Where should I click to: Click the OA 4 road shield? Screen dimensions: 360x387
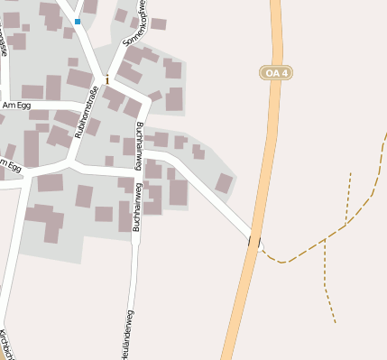click(x=276, y=72)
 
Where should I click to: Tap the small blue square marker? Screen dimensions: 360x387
click(x=78, y=21)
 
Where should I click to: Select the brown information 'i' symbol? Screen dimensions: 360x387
click(x=107, y=79)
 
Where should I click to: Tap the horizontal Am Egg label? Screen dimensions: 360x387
click(x=16, y=106)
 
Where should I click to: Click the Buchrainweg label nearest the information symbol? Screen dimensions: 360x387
click(x=142, y=141)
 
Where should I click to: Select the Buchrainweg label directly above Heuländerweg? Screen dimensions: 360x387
click(x=137, y=208)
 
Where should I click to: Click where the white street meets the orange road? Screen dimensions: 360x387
click(x=254, y=241)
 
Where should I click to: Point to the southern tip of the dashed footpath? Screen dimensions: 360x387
click(x=335, y=322)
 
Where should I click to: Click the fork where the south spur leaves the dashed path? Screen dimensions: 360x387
click(x=324, y=241)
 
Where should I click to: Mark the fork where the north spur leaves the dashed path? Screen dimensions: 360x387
click(x=346, y=223)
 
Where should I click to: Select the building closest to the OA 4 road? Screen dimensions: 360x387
click(x=224, y=183)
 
